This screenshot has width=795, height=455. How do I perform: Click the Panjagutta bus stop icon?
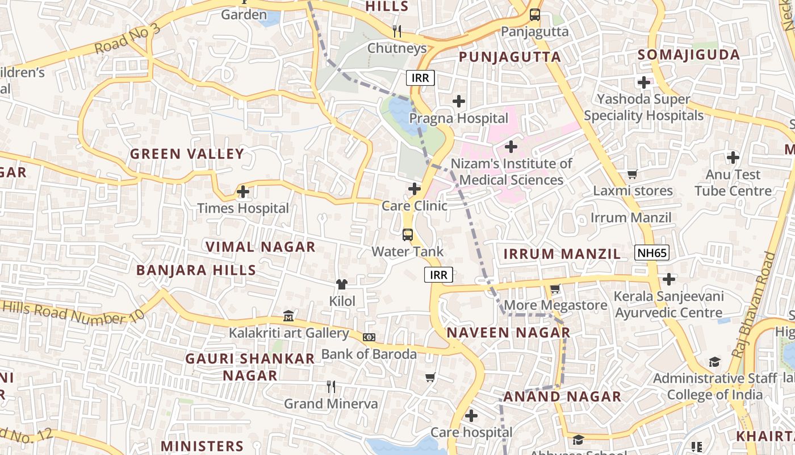point(534,15)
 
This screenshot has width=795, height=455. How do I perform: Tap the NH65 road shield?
point(652,253)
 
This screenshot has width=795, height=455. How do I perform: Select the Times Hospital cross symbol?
point(243,192)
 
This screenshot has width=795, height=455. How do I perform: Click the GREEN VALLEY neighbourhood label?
point(187,154)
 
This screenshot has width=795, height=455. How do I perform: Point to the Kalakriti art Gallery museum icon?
point(288,316)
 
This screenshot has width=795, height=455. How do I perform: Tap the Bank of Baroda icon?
point(369,337)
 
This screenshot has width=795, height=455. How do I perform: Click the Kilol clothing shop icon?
point(342,284)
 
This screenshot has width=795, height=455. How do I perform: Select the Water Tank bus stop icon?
point(407,234)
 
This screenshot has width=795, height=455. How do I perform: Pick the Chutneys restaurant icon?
point(397,31)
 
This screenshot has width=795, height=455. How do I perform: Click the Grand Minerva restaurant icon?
point(331,387)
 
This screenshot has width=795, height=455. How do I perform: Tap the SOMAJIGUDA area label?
point(689,55)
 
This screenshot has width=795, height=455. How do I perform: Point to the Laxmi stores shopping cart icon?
point(632,174)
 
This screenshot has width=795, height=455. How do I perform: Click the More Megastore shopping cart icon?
point(555,288)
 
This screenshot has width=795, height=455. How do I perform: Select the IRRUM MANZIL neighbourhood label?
point(562,254)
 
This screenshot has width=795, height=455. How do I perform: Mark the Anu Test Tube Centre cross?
point(733,157)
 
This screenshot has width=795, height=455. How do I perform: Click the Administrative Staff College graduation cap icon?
point(714,362)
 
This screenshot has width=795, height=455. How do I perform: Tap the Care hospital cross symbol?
point(471,416)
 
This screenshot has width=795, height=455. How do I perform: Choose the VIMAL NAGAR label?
point(260,247)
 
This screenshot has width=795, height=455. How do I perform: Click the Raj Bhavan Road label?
point(754,304)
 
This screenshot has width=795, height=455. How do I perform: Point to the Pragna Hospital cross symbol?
point(459,102)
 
